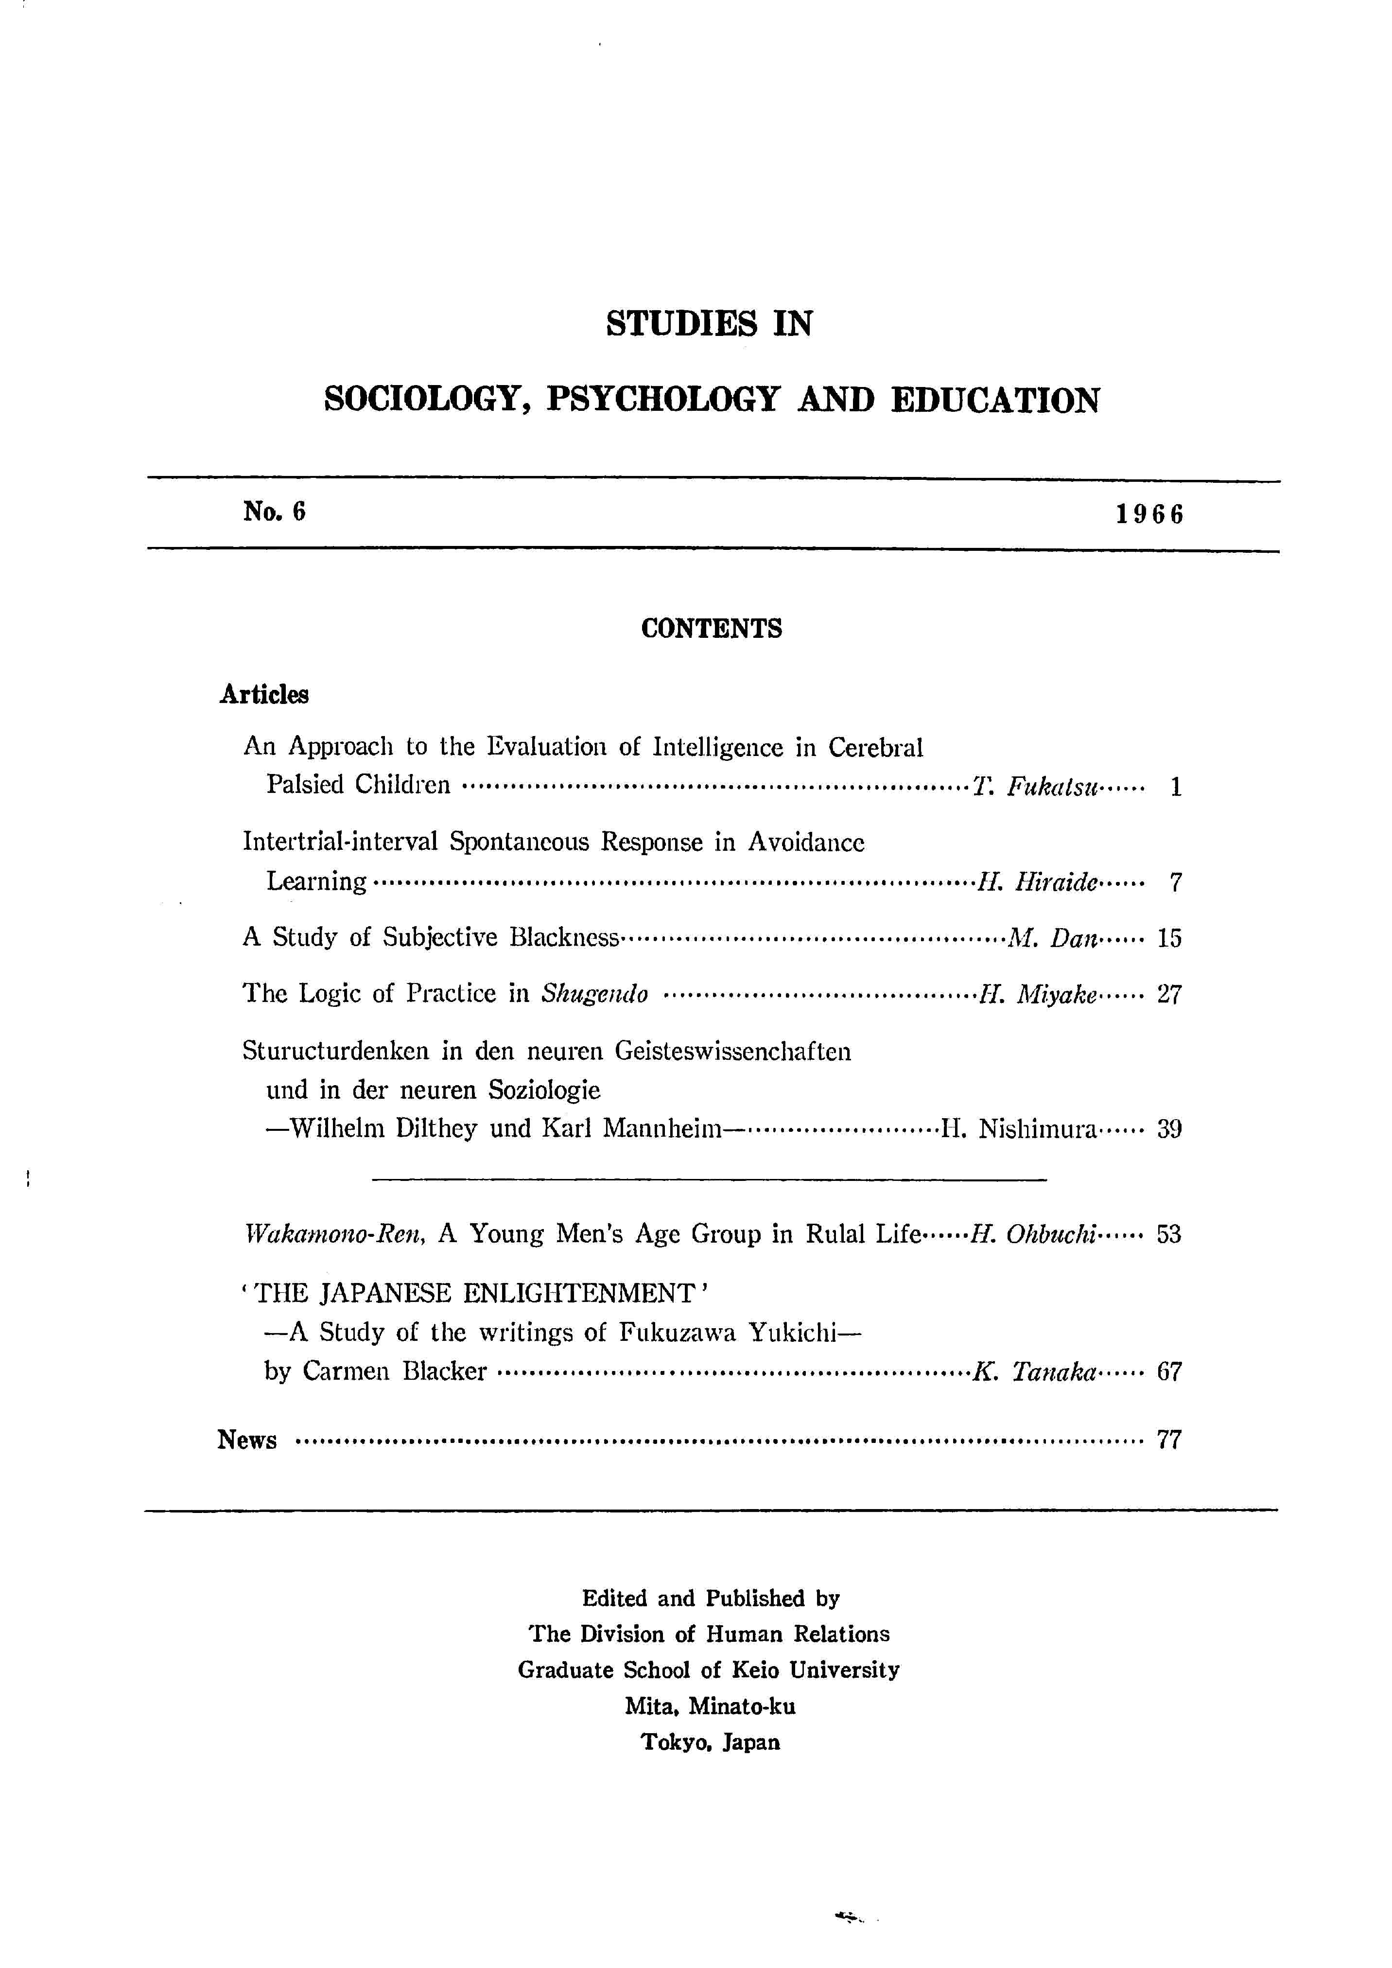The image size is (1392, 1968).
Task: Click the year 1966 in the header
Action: tap(1149, 514)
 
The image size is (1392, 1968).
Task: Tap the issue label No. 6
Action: tap(274, 512)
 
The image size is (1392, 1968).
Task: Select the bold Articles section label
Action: tap(264, 694)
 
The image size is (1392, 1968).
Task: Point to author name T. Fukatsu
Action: tap(1035, 786)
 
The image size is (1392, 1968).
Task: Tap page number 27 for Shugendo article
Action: tap(1169, 994)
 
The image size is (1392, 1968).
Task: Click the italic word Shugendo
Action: tap(595, 994)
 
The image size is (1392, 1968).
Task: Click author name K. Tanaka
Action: tap(1035, 1372)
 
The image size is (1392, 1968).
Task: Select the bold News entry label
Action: tap(247, 1440)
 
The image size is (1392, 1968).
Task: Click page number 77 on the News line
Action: tap(1169, 1440)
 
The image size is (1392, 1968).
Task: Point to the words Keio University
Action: tap(844, 1669)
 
